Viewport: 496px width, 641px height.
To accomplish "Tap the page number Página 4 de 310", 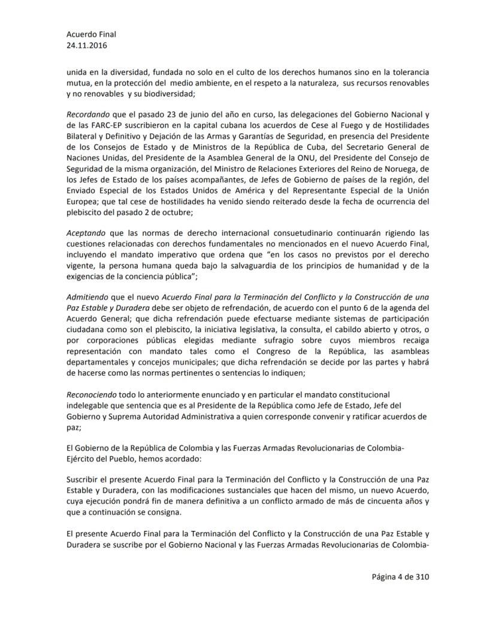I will tap(400, 577).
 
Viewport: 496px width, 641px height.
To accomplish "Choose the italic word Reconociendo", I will tap(90, 394).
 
